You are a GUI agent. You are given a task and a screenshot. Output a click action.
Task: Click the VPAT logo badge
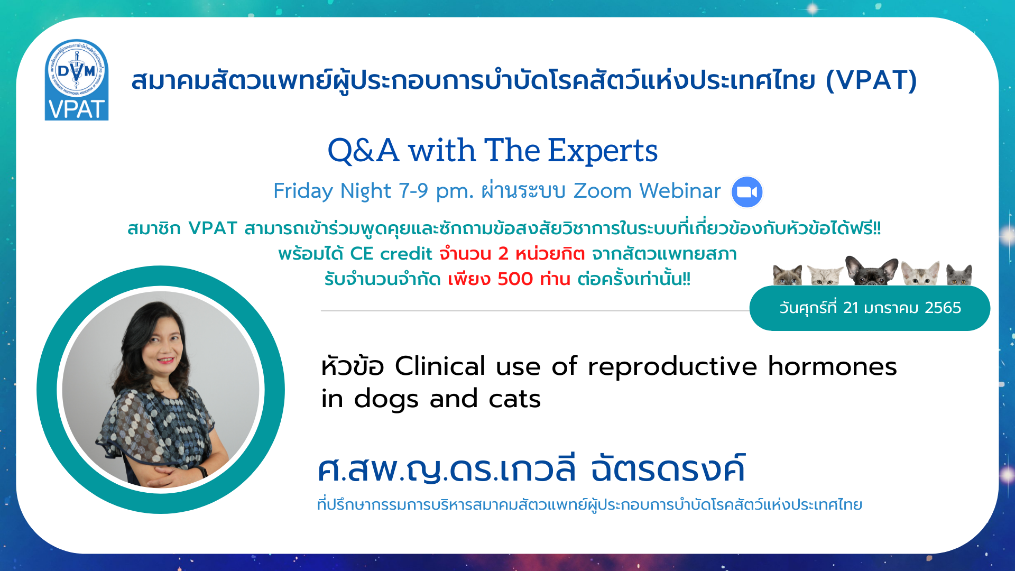tap(77, 80)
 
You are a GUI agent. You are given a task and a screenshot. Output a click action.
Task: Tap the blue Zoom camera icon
tap(747, 192)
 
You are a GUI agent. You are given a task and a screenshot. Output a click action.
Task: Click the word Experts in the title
tap(603, 151)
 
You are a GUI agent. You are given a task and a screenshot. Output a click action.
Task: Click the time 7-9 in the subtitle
tap(413, 191)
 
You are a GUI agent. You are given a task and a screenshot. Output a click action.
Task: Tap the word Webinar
tap(680, 191)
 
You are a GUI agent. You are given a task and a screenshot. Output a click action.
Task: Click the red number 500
tap(515, 279)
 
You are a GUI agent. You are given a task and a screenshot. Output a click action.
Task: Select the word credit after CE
tap(406, 254)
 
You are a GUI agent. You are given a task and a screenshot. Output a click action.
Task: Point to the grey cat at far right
tap(959, 275)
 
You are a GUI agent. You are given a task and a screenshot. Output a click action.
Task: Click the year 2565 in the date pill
tap(944, 308)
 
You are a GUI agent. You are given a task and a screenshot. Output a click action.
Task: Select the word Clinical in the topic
tap(440, 366)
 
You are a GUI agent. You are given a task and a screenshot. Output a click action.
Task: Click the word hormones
tap(832, 366)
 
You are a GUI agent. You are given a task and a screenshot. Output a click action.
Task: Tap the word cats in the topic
tap(515, 399)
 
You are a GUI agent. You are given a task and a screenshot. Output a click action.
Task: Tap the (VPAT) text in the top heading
tap(871, 80)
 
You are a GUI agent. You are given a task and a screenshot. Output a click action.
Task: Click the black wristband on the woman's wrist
tap(202, 471)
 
